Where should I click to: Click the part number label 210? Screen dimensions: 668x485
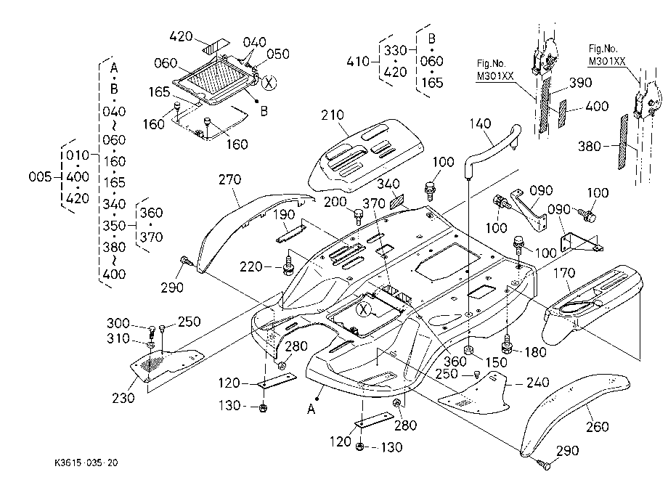point(333,115)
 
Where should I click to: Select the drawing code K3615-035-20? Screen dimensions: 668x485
point(86,463)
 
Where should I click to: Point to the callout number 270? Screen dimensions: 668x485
point(229,179)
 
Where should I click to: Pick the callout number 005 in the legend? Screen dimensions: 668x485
point(40,176)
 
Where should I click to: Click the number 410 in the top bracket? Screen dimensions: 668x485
point(357,61)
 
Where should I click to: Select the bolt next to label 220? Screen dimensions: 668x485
point(289,265)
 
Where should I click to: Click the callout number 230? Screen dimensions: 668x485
point(123,398)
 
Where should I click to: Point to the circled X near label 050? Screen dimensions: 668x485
point(269,83)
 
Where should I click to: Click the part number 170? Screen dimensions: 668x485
point(564,272)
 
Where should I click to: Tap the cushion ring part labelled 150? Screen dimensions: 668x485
point(468,351)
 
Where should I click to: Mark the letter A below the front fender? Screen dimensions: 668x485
point(311,409)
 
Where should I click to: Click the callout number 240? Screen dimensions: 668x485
point(537,383)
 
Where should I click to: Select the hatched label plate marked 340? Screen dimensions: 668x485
point(397,202)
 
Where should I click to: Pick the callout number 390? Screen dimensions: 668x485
point(581,83)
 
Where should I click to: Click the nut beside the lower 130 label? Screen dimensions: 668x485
point(359,447)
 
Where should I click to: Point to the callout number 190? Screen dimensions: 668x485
point(284,215)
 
